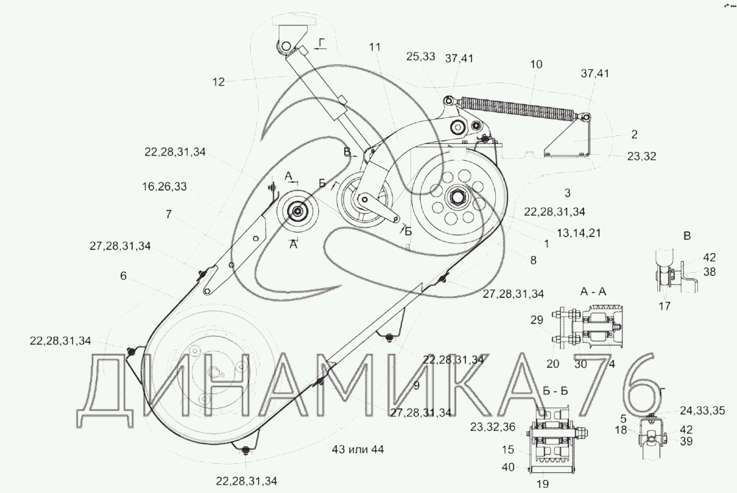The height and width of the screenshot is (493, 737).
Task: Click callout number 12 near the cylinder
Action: click(x=218, y=82)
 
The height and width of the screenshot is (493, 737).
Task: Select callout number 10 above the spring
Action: click(x=536, y=65)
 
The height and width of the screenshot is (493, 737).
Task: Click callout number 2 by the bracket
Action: click(x=634, y=135)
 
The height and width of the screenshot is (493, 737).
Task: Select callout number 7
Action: click(x=169, y=214)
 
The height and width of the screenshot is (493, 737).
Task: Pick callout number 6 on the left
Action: click(x=123, y=275)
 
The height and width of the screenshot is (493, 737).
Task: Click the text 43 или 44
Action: click(x=357, y=450)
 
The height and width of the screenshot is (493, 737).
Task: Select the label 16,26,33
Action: click(x=165, y=187)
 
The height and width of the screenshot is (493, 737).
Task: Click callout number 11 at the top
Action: click(x=376, y=47)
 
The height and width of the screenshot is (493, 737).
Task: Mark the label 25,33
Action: click(x=421, y=57)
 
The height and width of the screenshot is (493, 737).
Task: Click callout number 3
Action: click(x=567, y=192)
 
